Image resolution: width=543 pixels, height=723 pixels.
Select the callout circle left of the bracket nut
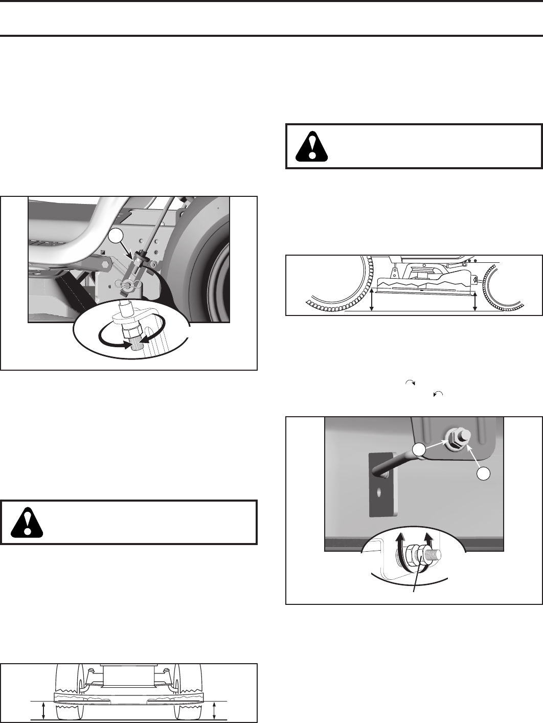pyautogui.click(x=420, y=449)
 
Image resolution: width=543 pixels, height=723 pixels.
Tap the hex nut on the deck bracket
pyautogui.click(x=452, y=437)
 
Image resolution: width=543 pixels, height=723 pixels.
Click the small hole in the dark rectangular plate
pyautogui.click(x=379, y=493)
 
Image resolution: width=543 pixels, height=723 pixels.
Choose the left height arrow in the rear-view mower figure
pyautogui.click(x=44, y=710)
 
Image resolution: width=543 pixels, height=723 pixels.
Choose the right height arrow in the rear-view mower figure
pyautogui.click(x=215, y=710)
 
